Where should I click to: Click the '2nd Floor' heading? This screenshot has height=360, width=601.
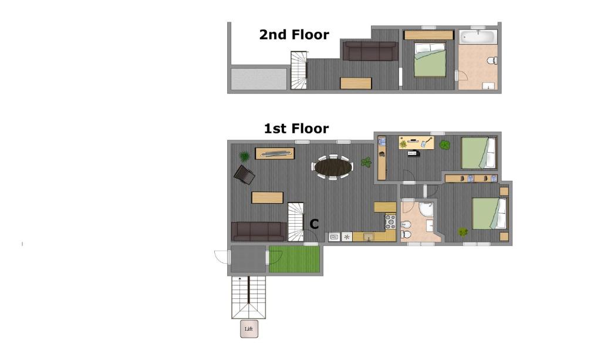pyautogui.click(x=294, y=35)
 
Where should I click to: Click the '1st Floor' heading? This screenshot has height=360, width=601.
pyautogui.click(x=296, y=129)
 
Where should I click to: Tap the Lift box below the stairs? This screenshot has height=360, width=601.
pyautogui.click(x=249, y=328)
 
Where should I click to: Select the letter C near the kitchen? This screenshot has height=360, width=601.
pyautogui.click(x=314, y=224)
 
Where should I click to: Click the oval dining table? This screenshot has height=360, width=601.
pyautogui.click(x=333, y=167)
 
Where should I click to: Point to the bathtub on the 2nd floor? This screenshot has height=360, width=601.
pyautogui.click(x=478, y=37)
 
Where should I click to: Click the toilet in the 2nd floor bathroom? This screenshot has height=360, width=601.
pyautogui.click(x=492, y=60)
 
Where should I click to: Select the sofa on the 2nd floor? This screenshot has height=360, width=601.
pyautogui.click(x=370, y=51)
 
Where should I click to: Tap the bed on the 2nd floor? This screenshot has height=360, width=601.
pyautogui.click(x=430, y=60)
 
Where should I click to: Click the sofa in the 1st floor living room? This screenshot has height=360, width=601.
pyautogui.click(x=259, y=231)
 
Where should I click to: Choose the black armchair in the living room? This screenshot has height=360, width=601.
pyautogui.click(x=244, y=175)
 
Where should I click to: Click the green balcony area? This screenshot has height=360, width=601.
pyautogui.click(x=295, y=259)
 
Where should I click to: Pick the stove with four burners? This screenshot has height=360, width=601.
pyautogui.click(x=390, y=221)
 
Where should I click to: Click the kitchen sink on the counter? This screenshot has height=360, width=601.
pyautogui.click(x=369, y=237)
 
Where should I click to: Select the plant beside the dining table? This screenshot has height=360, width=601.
pyautogui.click(x=366, y=162)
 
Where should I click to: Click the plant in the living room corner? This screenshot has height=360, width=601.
pyautogui.click(x=244, y=156)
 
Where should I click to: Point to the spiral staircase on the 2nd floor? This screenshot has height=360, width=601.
pyautogui.click(x=299, y=70)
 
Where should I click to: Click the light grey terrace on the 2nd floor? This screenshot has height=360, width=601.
pyautogui.click(x=259, y=79)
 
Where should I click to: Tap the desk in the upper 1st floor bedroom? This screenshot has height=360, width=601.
pyautogui.click(x=416, y=143)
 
